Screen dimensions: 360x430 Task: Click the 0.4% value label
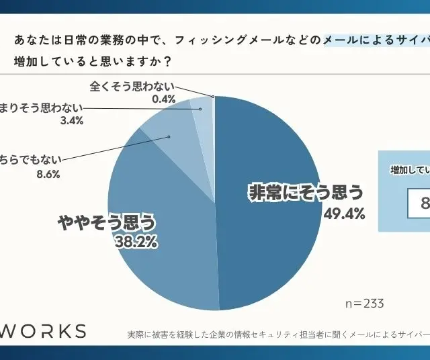[x=163, y=99]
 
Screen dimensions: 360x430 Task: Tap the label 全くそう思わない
[x=132, y=86]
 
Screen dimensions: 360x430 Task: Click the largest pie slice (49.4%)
[x=269, y=201]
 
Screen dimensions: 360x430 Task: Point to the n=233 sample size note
[x=364, y=303]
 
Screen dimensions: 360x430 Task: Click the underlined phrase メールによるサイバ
[x=376, y=41]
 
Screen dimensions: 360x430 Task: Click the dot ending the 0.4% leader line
[x=213, y=97]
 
